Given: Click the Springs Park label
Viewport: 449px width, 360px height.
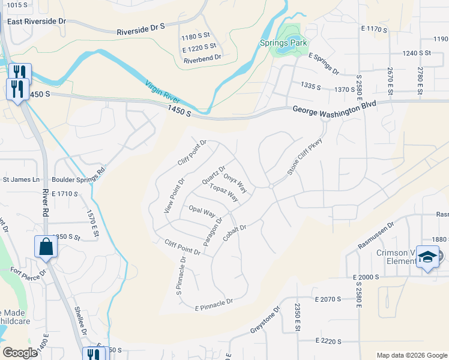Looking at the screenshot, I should pyautogui.click(x=283, y=43).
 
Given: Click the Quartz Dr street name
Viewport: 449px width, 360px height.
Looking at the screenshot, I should pyautogui.click(x=214, y=175).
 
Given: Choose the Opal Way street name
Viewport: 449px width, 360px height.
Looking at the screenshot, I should pyautogui.click(x=202, y=211).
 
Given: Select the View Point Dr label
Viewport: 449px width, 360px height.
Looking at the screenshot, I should pyautogui.click(x=175, y=196).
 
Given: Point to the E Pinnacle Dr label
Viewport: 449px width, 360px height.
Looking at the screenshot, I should pyautogui.click(x=214, y=304).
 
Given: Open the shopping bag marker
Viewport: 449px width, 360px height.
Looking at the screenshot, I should pyautogui.click(x=46, y=247).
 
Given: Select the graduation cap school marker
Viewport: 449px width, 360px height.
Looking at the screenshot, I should pyautogui.click(x=427, y=257).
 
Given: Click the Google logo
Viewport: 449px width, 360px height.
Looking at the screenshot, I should pyautogui.click(x=20, y=353).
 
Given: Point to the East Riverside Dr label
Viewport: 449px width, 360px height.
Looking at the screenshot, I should pyautogui.click(x=37, y=21).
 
